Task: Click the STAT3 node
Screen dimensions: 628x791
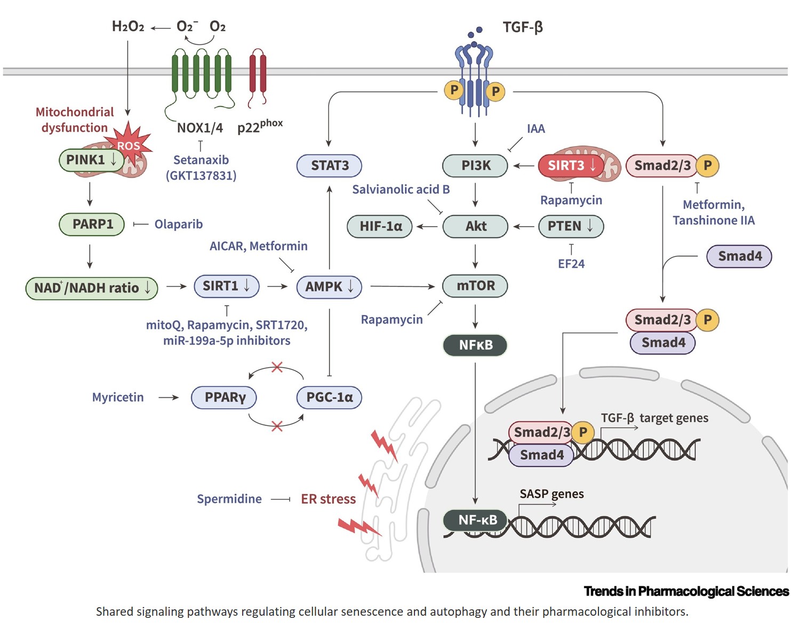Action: tap(329, 165)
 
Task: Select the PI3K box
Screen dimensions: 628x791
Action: tap(475, 165)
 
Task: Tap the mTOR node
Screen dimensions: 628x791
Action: tap(475, 286)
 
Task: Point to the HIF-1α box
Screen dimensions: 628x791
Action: tap(380, 227)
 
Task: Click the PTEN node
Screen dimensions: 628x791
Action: tap(571, 226)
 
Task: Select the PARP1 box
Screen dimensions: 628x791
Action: tap(92, 224)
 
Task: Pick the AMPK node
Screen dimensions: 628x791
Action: tap(329, 287)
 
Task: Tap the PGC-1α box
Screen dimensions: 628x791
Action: tap(329, 397)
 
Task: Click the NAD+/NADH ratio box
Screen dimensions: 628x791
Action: tap(92, 288)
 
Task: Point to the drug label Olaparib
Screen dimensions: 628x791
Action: tap(179, 224)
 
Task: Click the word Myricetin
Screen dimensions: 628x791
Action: tap(118, 397)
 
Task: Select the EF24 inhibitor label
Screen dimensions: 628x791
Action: tap(571, 264)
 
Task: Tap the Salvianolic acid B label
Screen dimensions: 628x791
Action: tap(401, 189)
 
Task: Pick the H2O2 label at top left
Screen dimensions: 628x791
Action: tap(128, 27)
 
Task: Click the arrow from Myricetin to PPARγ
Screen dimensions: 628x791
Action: tap(169, 397)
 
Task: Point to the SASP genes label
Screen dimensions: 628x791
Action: tap(552, 494)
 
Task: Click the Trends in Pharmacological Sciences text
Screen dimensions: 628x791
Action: tap(686, 591)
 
